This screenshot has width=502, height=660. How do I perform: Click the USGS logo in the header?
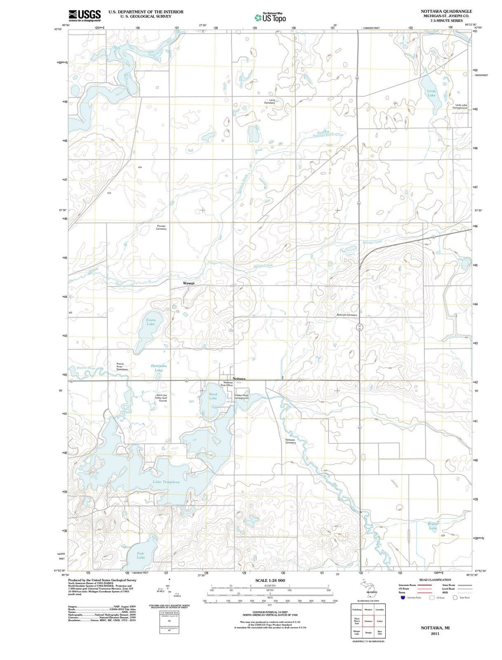pyautogui.click(x=85, y=16)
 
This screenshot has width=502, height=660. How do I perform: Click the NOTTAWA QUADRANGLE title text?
pyautogui.click(x=446, y=11)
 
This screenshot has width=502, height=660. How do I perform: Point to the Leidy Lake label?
pyautogui.click(x=431, y=93)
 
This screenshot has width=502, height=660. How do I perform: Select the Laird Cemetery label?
pyautogui.click(x=270, y=101)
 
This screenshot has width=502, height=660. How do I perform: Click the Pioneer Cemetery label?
pyautogui.click(x=161, y=227)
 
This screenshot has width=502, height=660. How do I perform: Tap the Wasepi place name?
pyautogui.click(x=189, y=283)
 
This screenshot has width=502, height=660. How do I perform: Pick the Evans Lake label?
pyautogui.click(x=151, y=322)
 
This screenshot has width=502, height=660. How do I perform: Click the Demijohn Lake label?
pyautogui.click(x=159, y=368)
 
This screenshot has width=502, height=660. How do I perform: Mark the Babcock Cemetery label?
pyautogui.click(x=347, y=315)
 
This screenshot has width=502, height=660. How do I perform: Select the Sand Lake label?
pyautogui.click(x=213, y=396)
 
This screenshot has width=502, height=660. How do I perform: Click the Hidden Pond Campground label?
pyautogui.click(x=241, y=397)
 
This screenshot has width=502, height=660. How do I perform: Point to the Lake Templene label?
pyautogui.click(x=166, y=482)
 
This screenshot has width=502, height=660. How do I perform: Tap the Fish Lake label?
pyautogui.click(x=140, y=555)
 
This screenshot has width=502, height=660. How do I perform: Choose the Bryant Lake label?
pyautogui.click(x=433, y=526)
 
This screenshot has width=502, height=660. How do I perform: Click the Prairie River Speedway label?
pyautogui.click(x=122, y=366)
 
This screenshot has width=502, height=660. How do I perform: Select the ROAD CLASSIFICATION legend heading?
pyautogui.click(x=435, y=580)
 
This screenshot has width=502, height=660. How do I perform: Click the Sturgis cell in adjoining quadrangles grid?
pyautogui.click(x=368, y=633)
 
